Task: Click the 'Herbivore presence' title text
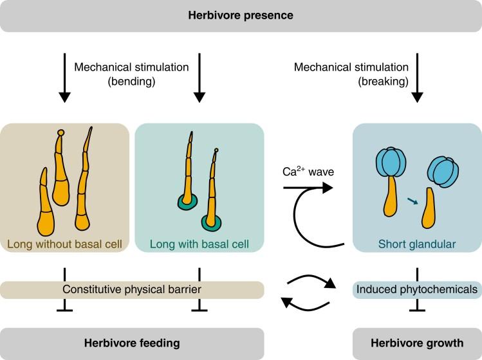pos(240,15)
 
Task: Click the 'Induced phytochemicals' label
pos(417,290)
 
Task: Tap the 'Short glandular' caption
pos(417,244)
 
